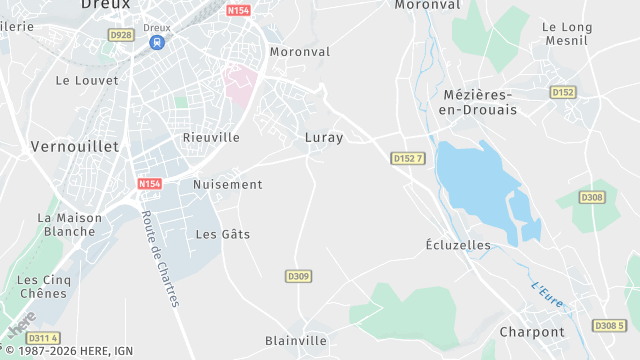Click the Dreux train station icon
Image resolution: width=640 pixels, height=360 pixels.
click(x=157, y=43)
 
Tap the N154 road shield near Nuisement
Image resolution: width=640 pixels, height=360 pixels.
click(x=149, y=184)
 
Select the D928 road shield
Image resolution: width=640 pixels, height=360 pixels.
click(x=120, y=35)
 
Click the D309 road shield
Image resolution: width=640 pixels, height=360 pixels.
click(x=298, y=276)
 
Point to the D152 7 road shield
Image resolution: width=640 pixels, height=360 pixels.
click(x=409, y=158)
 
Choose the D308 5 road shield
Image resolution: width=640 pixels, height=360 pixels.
click(x=608, y=326)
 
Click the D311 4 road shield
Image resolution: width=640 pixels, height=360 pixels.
click(x=43, y=338)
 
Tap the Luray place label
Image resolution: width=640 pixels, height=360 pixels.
click(x=324, y=138)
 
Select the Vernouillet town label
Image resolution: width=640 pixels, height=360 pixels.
click(x=75, y=146)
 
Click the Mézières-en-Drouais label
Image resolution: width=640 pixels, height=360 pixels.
click(x=479, y=102)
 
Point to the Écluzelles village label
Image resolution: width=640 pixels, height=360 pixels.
click(x=458, y=244)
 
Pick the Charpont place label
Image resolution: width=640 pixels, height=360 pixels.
click(x=532, y=332)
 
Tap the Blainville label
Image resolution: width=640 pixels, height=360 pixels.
click(x=296, y=341)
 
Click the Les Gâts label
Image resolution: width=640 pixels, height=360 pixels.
click(x=223, y=234)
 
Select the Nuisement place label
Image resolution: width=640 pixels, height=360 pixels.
click(x=228, y=184)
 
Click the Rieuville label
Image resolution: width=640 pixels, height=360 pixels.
click(x=211, y=137)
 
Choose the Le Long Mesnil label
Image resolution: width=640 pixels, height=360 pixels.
click(x=566, y=34)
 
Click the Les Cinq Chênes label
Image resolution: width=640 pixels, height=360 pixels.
click(x=42, y=286)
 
